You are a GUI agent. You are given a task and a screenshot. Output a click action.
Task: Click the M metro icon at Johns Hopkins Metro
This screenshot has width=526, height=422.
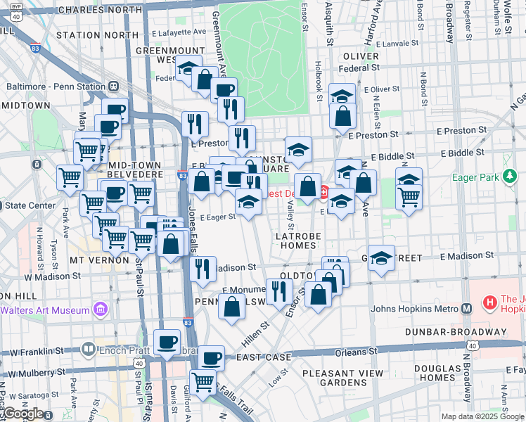point(466,308)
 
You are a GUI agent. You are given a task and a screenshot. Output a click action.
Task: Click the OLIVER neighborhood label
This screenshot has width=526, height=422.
point(361,56)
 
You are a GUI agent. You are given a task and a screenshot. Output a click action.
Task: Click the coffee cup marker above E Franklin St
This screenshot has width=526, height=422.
point(167,342)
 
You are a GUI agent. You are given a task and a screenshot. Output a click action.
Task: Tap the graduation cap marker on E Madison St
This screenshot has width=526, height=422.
point(381,257)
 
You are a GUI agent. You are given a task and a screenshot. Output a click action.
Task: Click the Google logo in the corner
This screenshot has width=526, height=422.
point(23,413)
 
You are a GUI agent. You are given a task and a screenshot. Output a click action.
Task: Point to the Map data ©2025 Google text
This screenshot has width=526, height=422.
point(482,416)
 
